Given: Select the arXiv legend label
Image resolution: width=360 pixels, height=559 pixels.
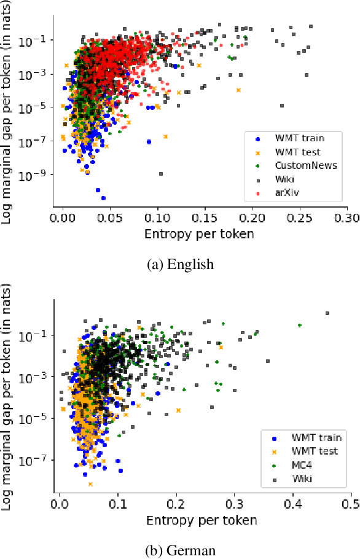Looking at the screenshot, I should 286,193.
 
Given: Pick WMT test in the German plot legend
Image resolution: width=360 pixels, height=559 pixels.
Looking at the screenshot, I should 314,451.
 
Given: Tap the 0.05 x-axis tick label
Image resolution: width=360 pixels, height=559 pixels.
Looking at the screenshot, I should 109,217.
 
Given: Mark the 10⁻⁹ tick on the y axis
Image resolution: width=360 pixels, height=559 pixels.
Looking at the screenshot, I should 36,175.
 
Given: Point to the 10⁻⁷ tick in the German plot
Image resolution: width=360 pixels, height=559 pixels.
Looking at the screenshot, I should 37,460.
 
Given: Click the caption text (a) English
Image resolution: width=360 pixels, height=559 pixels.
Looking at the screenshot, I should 179,265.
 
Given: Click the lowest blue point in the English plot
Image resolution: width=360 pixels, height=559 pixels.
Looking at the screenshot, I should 103,198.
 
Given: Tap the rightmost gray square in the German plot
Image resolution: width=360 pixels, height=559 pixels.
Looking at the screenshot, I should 327,313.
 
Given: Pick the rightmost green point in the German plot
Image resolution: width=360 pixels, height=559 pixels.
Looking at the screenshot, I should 299,326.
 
